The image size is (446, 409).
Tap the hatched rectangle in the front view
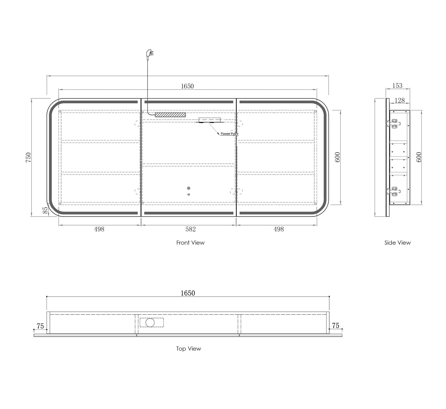tap(170, 115)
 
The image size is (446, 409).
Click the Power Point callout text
tap(229, 134)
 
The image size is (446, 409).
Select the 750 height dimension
tap(28, 157)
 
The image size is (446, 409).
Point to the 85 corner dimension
tap(45, 210)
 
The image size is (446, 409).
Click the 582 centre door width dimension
tap(190, 229)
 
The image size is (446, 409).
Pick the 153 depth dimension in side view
tap(397, 85)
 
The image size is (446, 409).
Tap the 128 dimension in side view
tap(399, 101)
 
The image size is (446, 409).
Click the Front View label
tap(190, 243)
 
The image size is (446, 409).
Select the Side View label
tap(398, 243)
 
